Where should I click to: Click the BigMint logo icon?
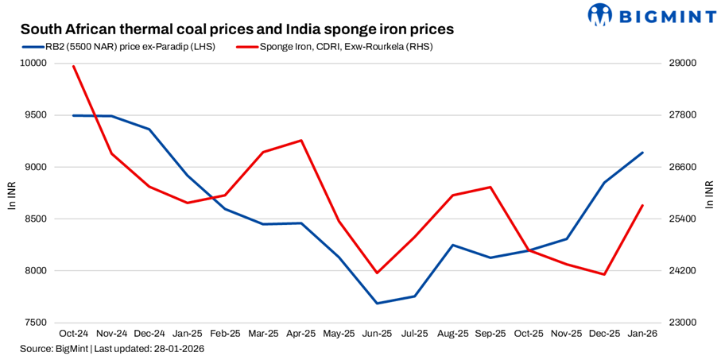[601, 14]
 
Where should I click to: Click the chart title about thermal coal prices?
[237, 29]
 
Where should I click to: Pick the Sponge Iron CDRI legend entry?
[335, 47]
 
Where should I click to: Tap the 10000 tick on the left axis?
[34, 64]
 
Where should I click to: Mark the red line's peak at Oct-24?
[73, 66]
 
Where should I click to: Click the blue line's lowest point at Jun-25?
[377, 304]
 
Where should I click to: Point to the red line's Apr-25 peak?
[300, 141]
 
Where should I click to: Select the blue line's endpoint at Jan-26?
[642, 153]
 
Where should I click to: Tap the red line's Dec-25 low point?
[604, 275]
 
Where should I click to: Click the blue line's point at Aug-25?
[452, 245]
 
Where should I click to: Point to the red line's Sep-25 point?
[490, 188]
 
